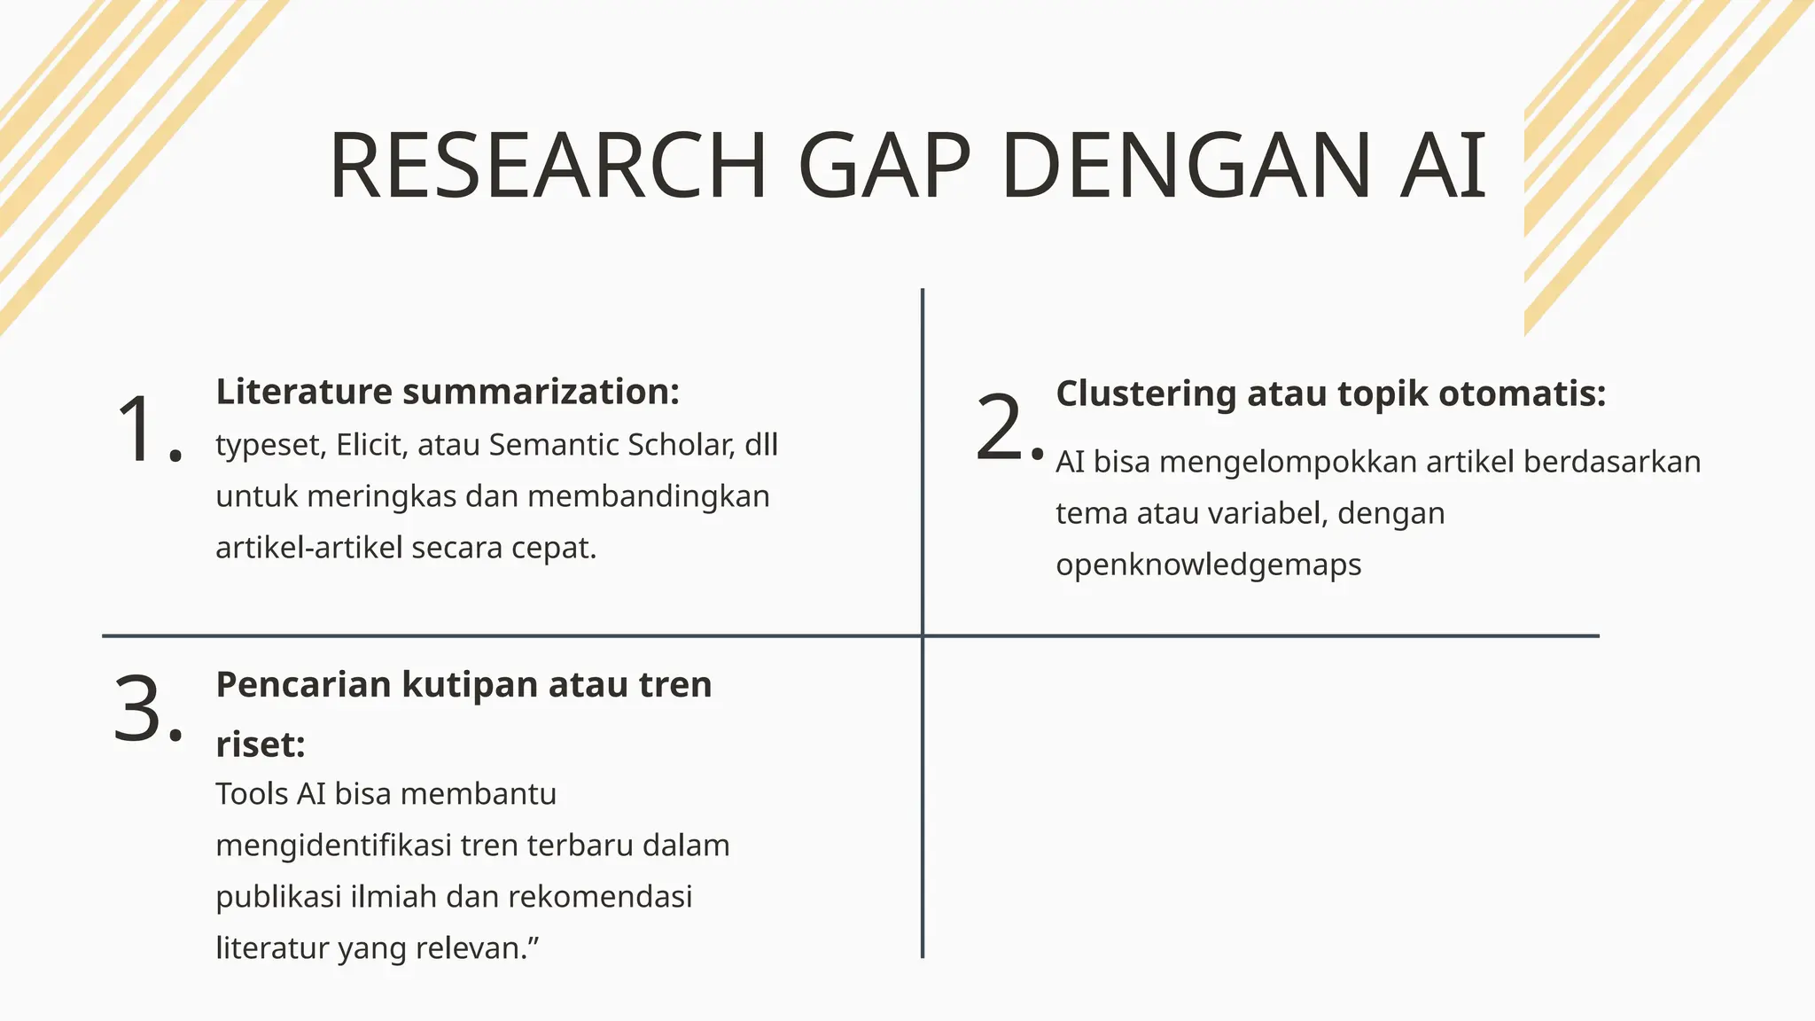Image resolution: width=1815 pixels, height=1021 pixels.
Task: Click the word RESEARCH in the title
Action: click(548, 166)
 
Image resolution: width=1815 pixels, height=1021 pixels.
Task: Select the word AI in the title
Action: click(1443, 166)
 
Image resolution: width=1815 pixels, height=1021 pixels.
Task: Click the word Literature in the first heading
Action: click(304, 392)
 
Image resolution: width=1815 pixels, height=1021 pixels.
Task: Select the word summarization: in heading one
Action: click(541, 392)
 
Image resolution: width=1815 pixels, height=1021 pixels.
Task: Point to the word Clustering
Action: click(1146, 394)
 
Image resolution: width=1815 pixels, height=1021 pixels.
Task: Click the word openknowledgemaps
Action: click(1208, 565)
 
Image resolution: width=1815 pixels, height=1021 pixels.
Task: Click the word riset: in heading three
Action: click(261, 744)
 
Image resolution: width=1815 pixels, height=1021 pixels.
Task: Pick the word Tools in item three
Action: click(252, 793)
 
